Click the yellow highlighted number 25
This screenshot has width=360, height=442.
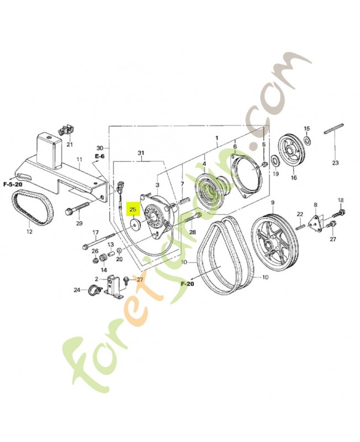pos(133,210)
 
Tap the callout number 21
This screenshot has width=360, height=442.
pos(70,145)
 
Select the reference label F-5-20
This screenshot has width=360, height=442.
pos(12,183)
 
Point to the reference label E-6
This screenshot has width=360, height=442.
pos(99,157)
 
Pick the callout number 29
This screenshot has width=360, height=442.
pos(79,223)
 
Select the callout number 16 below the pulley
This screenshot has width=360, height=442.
pos(294,178)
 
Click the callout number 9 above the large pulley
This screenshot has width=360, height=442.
pos(272,202)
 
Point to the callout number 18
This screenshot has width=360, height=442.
pos(341,200)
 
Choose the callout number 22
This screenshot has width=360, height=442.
pos(299,214)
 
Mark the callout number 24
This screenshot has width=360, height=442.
pos(77,290)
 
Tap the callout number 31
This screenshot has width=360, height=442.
pos(140,152)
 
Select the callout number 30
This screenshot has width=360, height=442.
pos(99,148)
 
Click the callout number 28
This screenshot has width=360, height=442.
pos(193,232)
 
